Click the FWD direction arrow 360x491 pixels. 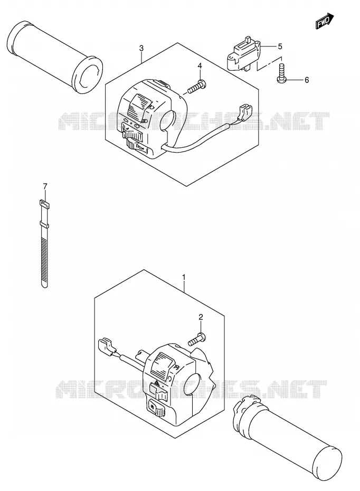click(x=325, y=21)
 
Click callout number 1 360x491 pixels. click(x=184, y=277)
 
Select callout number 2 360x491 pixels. click(x=201, y=317)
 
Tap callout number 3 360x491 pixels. click(x=141, y=48)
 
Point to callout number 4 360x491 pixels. click(x=200, y=66)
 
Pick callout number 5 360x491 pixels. click(x=280, y=46)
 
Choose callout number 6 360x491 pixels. click(x=307, y=80)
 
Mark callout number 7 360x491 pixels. click(x=45, y=186)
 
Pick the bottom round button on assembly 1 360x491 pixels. click(x=156, y=408)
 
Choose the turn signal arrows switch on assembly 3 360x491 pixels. click(x=131, y=129)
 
